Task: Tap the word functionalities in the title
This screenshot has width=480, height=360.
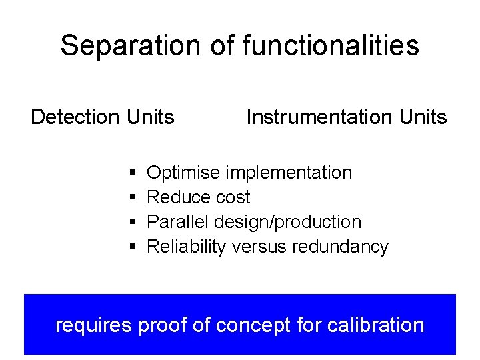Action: click(331, 46)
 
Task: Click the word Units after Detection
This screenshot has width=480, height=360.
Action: click(149, 117)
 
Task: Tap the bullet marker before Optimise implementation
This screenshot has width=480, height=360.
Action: click(133, 173)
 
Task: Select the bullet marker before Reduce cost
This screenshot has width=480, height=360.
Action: click(133, 198)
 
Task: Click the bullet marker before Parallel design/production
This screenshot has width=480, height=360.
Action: click(133, 223)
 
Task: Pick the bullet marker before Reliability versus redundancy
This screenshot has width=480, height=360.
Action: click(133, 247)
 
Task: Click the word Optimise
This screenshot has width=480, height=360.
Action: click(183, 173)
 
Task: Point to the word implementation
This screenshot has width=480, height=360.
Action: click(288, 173)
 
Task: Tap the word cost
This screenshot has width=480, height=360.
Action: click(233, 198)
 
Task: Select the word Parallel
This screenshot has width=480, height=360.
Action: click(175, 222)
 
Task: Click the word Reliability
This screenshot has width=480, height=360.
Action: click(187, 247)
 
